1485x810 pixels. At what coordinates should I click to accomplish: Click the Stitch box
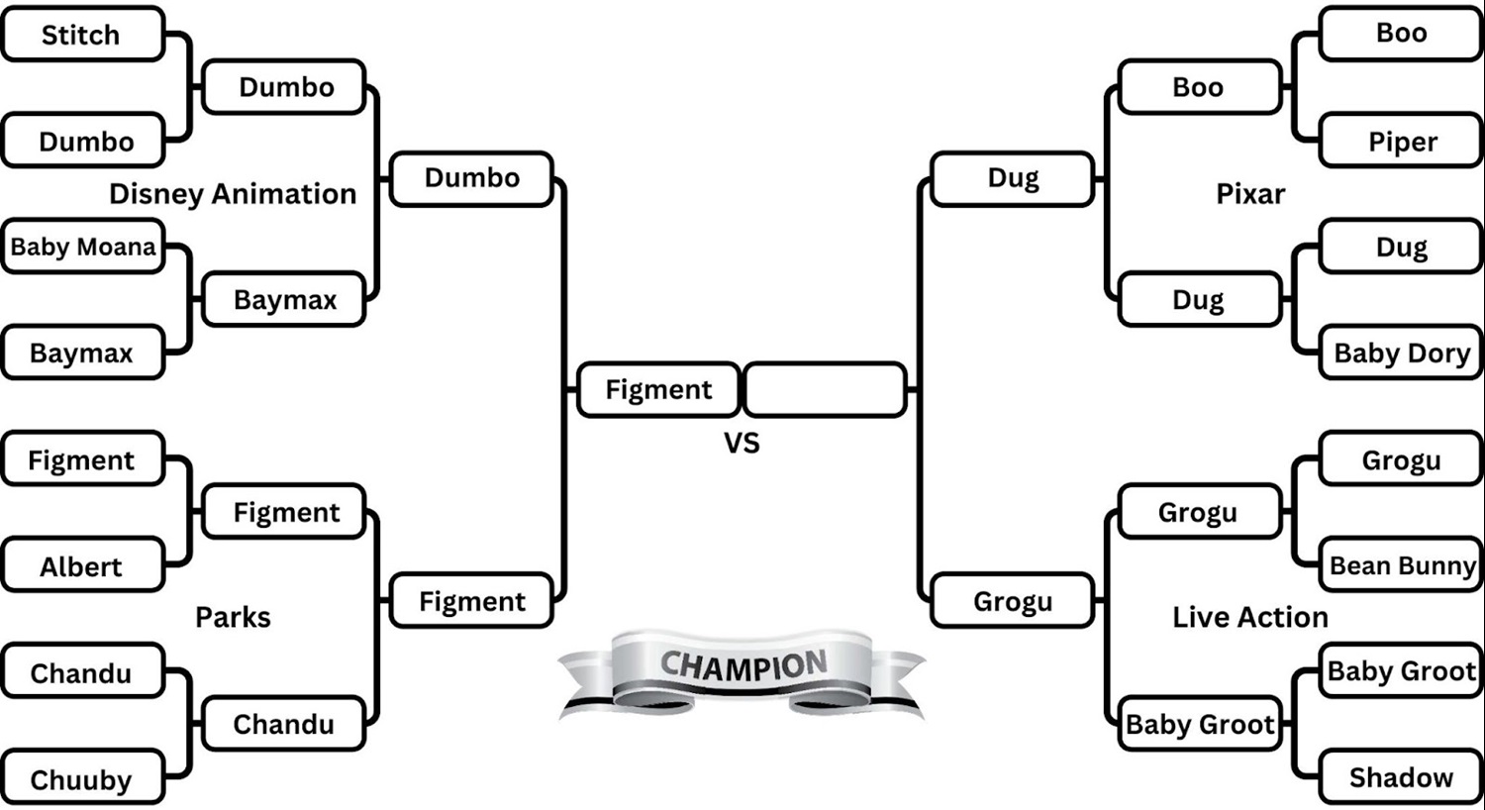pos(81,35)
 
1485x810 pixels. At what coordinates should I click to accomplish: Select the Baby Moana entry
pos(83,247)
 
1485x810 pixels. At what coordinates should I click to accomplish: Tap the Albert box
pos(81,566)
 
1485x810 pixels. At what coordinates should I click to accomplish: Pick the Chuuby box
pos(81,779)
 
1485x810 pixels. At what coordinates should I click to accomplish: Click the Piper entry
pos(1402,142)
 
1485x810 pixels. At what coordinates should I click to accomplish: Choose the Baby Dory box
pos(1402,354)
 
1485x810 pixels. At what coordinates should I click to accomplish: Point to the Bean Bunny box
pos(1402,565)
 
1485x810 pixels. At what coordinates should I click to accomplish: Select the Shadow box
pos(1402,777)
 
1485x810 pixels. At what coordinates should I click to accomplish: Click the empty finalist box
pos(825,389)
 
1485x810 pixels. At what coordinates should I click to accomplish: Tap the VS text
pos(742,443)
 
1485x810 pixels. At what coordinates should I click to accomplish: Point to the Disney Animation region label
pos(233,194)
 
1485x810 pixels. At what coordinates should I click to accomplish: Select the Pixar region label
pos(1250,194)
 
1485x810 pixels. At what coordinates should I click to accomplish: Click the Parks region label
pos(233,617)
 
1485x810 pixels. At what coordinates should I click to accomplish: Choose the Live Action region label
pos(1250,617)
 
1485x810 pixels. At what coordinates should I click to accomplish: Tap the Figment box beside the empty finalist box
pos(658,389)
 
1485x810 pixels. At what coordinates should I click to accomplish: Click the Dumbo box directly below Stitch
pos(85,142)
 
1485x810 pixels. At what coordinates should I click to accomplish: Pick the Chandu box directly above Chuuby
pos(81,673)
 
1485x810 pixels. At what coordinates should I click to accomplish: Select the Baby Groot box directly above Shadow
pos(1402,670)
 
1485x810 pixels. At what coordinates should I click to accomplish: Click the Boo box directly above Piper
pos(1402,33)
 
